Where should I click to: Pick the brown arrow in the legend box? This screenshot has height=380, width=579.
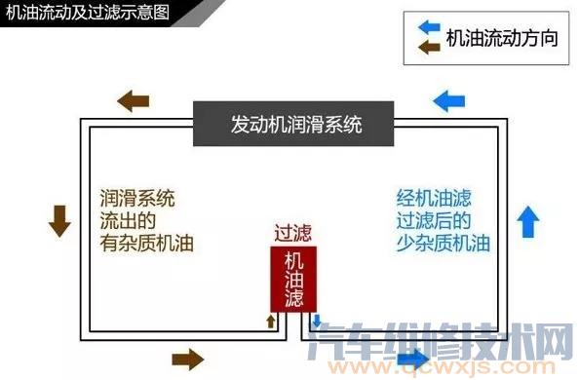(x=430, y=49)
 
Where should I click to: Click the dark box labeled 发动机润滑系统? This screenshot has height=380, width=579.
(x=296, y=124)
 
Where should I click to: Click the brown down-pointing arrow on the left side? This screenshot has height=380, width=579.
(x=60, y=222)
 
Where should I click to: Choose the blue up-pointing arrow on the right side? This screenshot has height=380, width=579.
(x=527, y=221)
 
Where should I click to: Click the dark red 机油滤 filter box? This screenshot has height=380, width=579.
(x=293, y=280)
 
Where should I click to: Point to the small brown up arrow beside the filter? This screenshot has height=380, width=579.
(x=272, y=321)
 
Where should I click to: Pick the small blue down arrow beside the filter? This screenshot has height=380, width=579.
(x=316, y=321)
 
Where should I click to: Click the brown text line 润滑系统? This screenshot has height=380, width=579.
(x=136, y=198)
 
